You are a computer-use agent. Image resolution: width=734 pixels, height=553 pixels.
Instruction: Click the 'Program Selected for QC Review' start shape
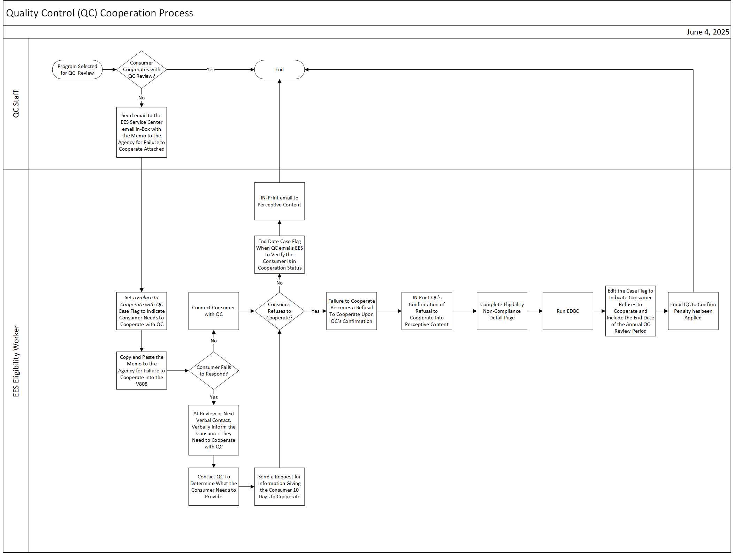(77, 69)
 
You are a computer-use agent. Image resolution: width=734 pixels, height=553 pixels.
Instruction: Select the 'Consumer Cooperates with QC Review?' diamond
(142, 69)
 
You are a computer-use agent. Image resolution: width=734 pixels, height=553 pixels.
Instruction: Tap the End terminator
(279, 69)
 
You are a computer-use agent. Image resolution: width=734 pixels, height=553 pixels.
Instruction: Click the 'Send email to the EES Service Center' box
(142, 132)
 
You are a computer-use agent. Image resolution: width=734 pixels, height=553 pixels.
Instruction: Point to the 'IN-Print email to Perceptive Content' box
(279, 201)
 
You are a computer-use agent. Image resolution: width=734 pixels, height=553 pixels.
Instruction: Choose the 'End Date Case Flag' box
(279, 255)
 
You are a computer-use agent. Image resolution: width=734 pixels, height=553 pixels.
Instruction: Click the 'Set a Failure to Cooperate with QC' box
(142, 311)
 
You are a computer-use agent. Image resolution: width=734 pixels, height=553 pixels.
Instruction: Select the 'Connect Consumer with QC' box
(213, 311)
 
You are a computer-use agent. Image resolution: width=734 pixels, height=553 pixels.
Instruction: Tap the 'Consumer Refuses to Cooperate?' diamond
(279, 311)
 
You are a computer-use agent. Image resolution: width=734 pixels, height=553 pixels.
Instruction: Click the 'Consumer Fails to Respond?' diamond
(213, 370)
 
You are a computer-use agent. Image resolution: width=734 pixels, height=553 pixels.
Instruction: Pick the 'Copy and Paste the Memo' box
(142, 370)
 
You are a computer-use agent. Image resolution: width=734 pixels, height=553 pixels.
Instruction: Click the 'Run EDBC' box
(567, 311)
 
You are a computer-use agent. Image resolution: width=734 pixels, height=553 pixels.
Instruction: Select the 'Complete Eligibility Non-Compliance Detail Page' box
(502, 311)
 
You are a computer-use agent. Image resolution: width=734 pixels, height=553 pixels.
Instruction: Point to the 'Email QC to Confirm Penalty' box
(693, 311)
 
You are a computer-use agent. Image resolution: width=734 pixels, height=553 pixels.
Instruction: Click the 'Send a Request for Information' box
(279, 486)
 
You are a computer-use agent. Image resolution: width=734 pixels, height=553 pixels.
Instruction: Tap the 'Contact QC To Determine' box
(213, 486)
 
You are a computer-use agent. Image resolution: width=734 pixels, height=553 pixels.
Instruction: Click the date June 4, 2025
(708, 32)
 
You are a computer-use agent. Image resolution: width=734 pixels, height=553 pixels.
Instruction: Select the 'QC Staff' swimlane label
(16, 104)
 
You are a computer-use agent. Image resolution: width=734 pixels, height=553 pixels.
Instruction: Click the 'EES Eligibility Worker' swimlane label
(16, 361)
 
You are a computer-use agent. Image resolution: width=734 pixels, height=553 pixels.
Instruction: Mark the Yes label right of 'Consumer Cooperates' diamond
(211, 69)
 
